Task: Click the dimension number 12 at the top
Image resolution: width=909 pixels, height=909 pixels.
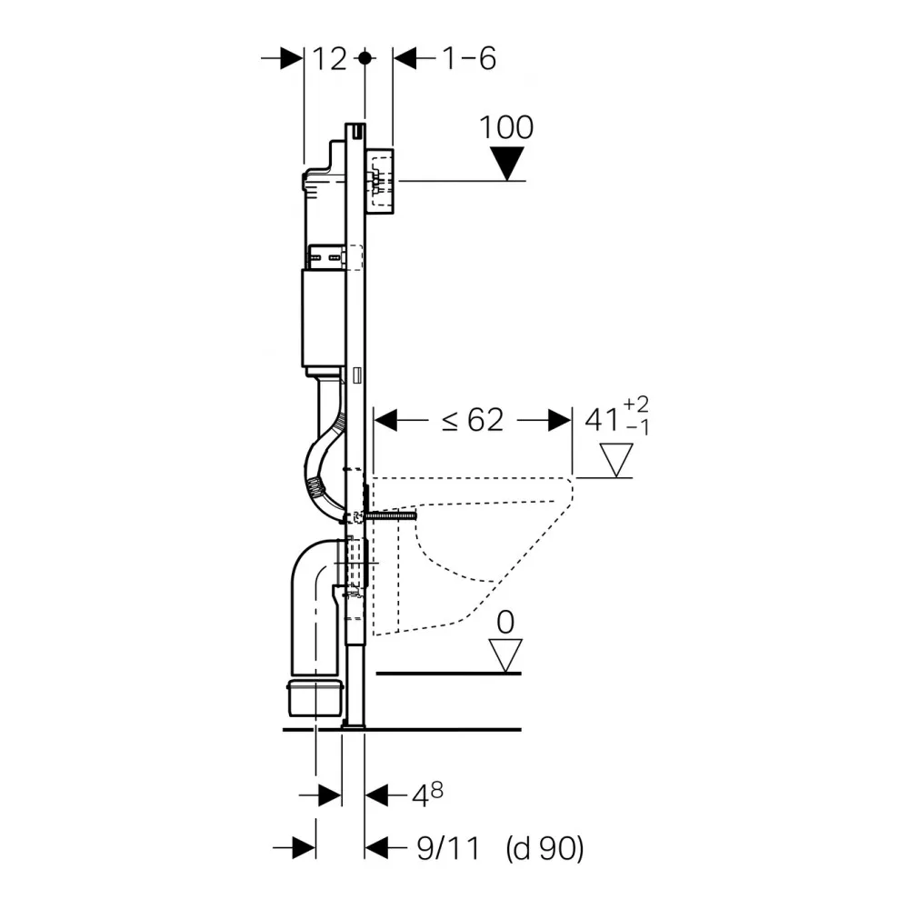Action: click(331, 59)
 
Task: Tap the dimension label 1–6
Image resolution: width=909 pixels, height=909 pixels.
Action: click(469, 59)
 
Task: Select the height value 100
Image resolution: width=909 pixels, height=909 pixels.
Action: click(506, 127)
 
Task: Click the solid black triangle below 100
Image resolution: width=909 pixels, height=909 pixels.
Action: click(506, 163)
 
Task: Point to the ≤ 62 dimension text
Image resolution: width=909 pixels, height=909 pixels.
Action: click(472, 420)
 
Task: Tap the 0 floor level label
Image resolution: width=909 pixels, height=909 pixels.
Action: click(506, 622)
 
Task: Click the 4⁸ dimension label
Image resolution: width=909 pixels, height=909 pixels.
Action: click(428, 795)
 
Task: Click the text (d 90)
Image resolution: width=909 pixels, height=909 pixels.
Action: click(544, 849)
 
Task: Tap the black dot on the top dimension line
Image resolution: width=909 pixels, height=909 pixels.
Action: click(365, 58)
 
